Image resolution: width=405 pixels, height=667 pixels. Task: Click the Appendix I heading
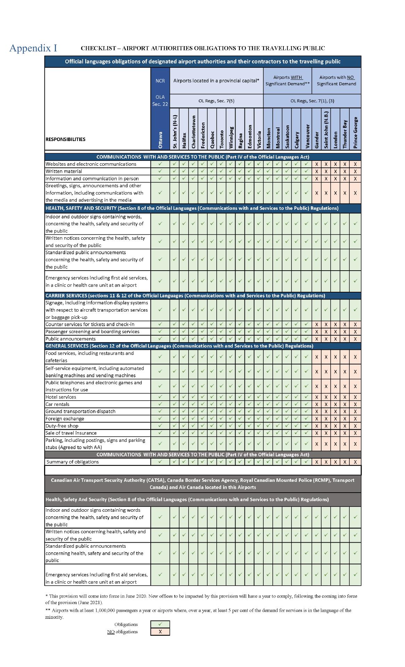33,48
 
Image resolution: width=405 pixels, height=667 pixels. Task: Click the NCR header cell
160,81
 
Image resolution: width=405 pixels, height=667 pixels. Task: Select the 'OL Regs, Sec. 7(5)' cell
216,101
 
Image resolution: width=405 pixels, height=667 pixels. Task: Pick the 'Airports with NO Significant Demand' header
336,81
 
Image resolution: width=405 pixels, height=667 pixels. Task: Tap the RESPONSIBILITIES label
65,139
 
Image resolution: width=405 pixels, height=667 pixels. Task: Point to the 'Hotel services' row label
61,397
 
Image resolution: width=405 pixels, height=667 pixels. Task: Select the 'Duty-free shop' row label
62,426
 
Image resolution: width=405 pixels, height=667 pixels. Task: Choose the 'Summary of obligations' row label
73,462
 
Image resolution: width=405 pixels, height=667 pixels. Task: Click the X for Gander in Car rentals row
316,404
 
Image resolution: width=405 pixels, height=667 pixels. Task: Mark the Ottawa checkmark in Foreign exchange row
160,418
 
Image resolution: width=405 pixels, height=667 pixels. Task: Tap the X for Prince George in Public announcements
355,339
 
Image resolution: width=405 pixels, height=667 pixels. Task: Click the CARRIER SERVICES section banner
185,296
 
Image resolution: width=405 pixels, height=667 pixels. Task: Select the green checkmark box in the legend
160,624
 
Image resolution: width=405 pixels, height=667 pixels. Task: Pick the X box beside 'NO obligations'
160,632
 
